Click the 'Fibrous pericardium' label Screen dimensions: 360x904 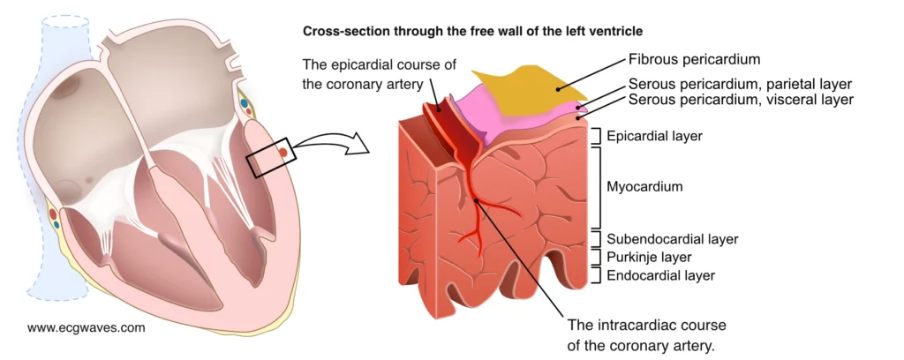[694, 61]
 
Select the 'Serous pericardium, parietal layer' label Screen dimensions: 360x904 [740, 85]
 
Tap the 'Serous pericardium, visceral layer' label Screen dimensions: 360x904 [741, 100]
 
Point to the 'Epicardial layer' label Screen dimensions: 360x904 [653, 136]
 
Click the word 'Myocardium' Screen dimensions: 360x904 [645, 187]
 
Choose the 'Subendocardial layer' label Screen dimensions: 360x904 [672, 239]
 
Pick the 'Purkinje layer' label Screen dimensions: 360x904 [649, 258]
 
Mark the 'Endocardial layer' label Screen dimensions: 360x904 [660, 276]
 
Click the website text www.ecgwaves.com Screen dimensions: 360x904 [86, 327]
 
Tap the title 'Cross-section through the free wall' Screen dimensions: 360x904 [472, 31]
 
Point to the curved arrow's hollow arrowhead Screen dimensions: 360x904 [357, 144]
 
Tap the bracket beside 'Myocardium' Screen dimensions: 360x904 [599, 187]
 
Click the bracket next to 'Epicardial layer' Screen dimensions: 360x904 [599, 136]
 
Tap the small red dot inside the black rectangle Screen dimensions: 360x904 [282, 153]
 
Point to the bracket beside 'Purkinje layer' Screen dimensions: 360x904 [599, 258]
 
